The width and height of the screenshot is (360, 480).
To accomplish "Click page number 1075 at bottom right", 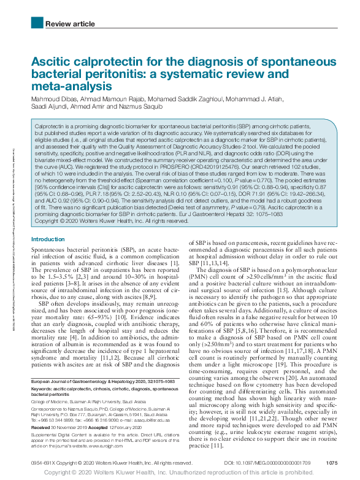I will coord(332,462).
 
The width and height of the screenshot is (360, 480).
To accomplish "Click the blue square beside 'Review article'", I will coord(36,24).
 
